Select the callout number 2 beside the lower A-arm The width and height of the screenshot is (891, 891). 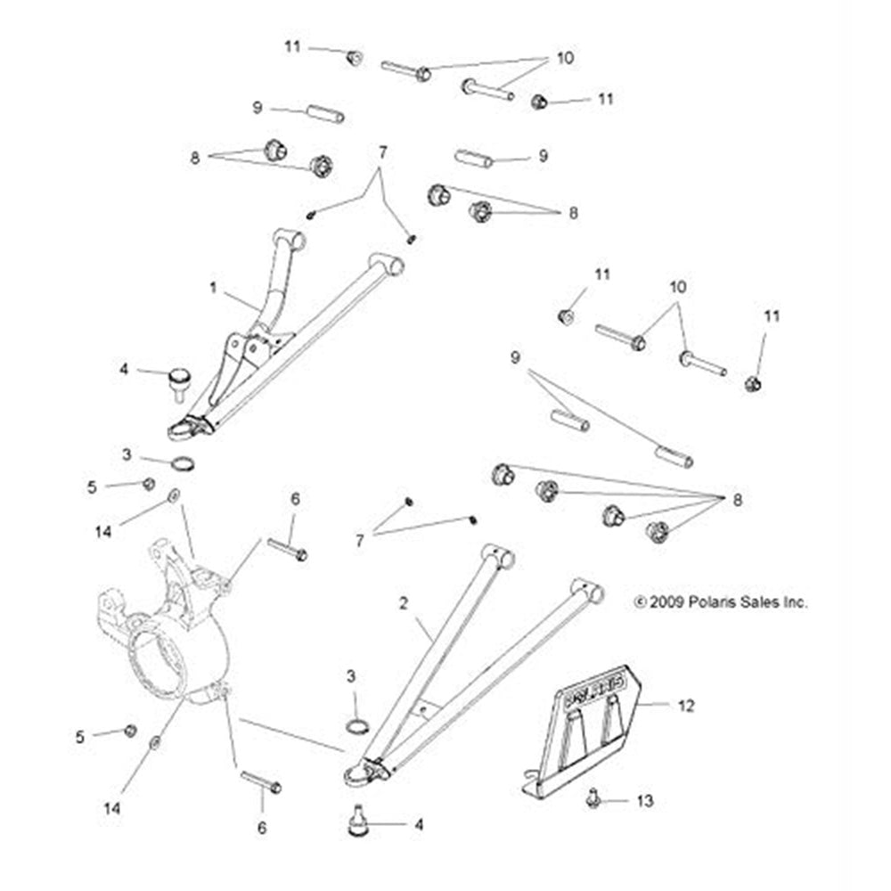[404, 604]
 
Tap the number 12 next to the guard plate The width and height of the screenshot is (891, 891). [686, 706]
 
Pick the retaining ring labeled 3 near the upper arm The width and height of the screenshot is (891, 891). [184, 463]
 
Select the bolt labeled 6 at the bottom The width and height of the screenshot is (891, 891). [259, 783]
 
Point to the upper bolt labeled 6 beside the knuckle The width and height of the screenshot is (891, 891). [286, 550]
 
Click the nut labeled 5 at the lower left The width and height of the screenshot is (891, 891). [129, 731]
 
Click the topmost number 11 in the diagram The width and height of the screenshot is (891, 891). [293, 46]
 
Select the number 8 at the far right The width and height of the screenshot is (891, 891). [737, 500]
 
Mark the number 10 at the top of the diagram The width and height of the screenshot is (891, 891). [565, 59]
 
